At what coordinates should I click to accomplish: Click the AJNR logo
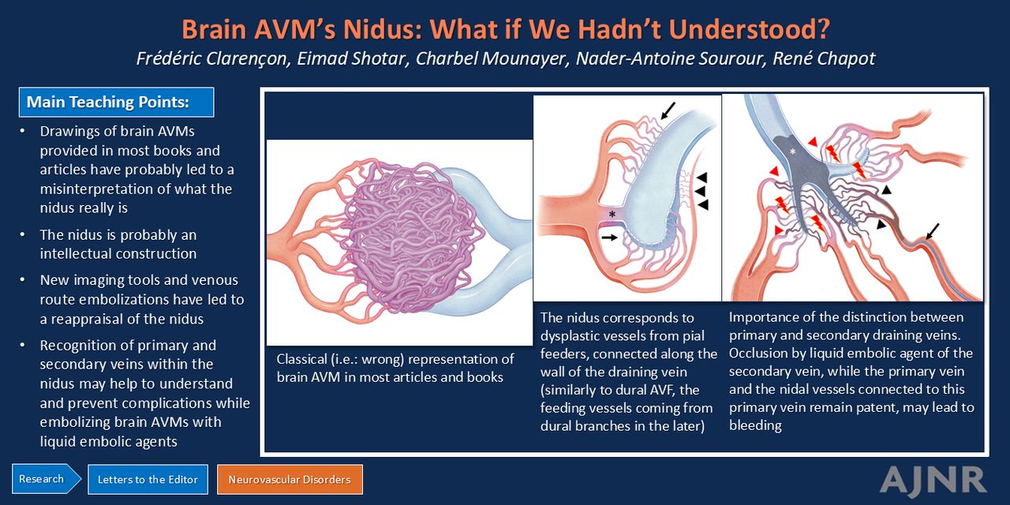click(x=933, y=481)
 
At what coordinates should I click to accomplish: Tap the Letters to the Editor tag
click(x=148, y=479)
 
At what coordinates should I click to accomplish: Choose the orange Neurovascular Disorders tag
click(x=290, y=479)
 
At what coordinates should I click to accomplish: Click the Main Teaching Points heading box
click(x=116, y=103)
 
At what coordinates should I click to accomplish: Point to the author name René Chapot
click(x=824, y=58)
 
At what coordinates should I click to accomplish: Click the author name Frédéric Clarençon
click(x=213, y=58)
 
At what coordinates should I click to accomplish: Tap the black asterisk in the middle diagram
click(x=612, y=214)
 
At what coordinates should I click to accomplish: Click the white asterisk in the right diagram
click(x=793, y=152)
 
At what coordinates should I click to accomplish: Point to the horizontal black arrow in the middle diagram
click(x=610, y=238)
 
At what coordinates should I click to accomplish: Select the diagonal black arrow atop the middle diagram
click(x=668, y=110)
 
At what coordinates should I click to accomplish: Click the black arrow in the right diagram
click(x=933, y=231)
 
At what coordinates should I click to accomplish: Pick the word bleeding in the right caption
click(x=755, y=425)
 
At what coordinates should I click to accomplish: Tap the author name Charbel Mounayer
click(x=492, y=58)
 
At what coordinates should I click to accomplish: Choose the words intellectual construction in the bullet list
click(x=118, y=253)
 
